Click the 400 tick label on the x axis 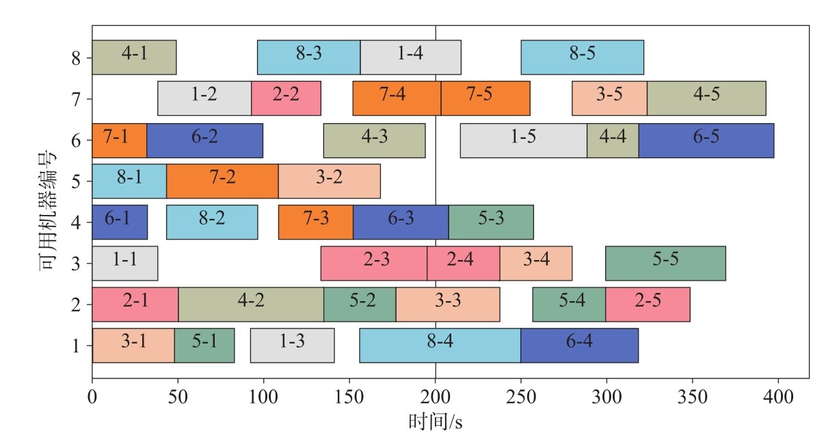(778, 397)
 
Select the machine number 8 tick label (76, 58)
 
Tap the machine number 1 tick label (76, 346)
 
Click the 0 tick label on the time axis (92, 397)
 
